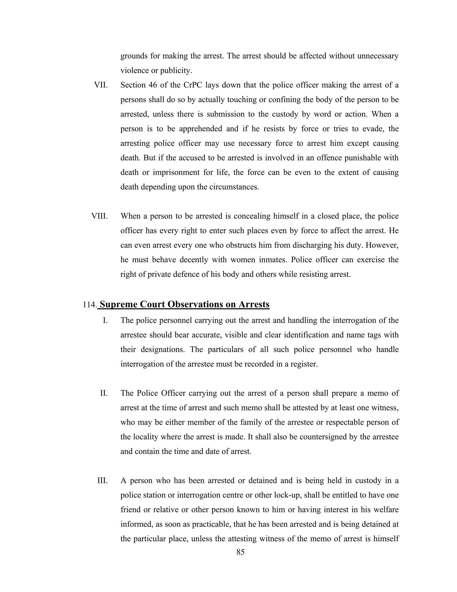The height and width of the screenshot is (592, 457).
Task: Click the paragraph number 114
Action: click(x=90, y=305)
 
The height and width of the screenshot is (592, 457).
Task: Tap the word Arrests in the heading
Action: click(x=254, y=304)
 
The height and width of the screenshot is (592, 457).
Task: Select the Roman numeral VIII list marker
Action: click(x=99, y=216)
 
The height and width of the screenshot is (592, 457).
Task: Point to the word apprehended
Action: click(x=201, y=129)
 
